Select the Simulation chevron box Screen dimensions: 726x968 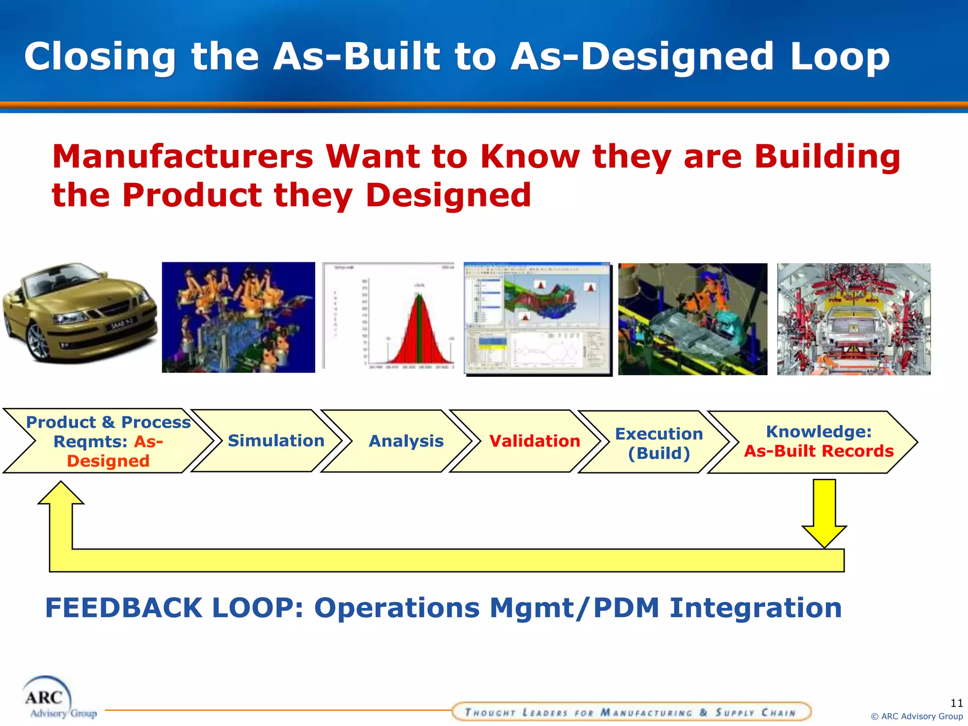(276, 441)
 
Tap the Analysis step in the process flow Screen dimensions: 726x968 (406, 441)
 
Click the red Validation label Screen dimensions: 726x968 (534, 441)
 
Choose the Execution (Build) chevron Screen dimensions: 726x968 (658, 443)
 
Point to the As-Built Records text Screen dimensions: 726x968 (819, 451)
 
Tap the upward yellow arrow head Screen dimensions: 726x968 (61, 494)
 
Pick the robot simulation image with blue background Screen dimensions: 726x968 (238, 317)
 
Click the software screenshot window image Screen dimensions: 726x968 (537, 318)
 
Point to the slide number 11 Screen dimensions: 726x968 (956, 703)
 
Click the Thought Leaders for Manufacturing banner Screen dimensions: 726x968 (631, 712)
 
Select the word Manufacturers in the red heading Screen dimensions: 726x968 (182, 157)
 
